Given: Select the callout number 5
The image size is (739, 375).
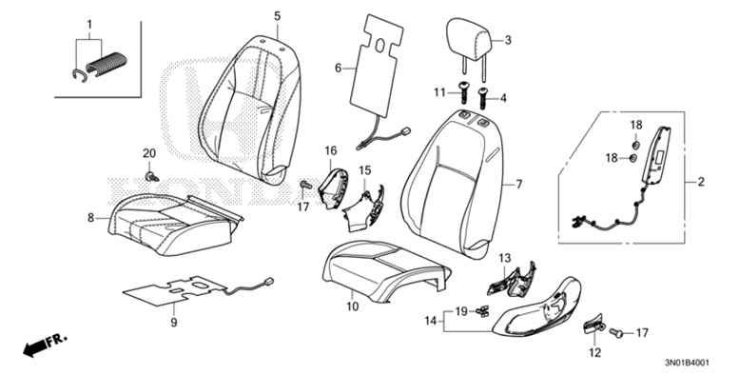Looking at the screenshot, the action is point(277,16).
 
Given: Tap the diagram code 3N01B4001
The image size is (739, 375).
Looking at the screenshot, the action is point(687,364).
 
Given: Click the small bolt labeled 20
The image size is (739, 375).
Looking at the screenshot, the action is point(152,177).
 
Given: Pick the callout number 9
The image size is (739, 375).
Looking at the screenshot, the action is point(173,323).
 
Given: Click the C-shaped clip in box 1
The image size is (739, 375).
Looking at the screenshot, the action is point(80,74).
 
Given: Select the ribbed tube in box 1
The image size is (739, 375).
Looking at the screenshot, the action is point(107,64).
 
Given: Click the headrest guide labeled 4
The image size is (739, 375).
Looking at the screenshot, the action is point(483,98).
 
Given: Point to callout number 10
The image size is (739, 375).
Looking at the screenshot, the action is point(353,306).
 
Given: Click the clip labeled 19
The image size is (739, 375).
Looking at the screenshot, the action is point(482,310).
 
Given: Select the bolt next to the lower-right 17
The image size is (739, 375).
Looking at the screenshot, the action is point(616,332).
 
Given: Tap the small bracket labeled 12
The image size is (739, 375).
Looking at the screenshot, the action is point(593,324).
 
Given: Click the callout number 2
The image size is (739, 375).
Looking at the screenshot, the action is point(701,182).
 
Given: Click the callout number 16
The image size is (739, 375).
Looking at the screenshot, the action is point(331,150).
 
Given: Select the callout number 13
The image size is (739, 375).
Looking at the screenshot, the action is point(505,258).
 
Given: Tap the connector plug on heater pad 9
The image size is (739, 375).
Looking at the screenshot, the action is point(269,281).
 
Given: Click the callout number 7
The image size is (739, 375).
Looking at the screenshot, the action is point(519,184).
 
